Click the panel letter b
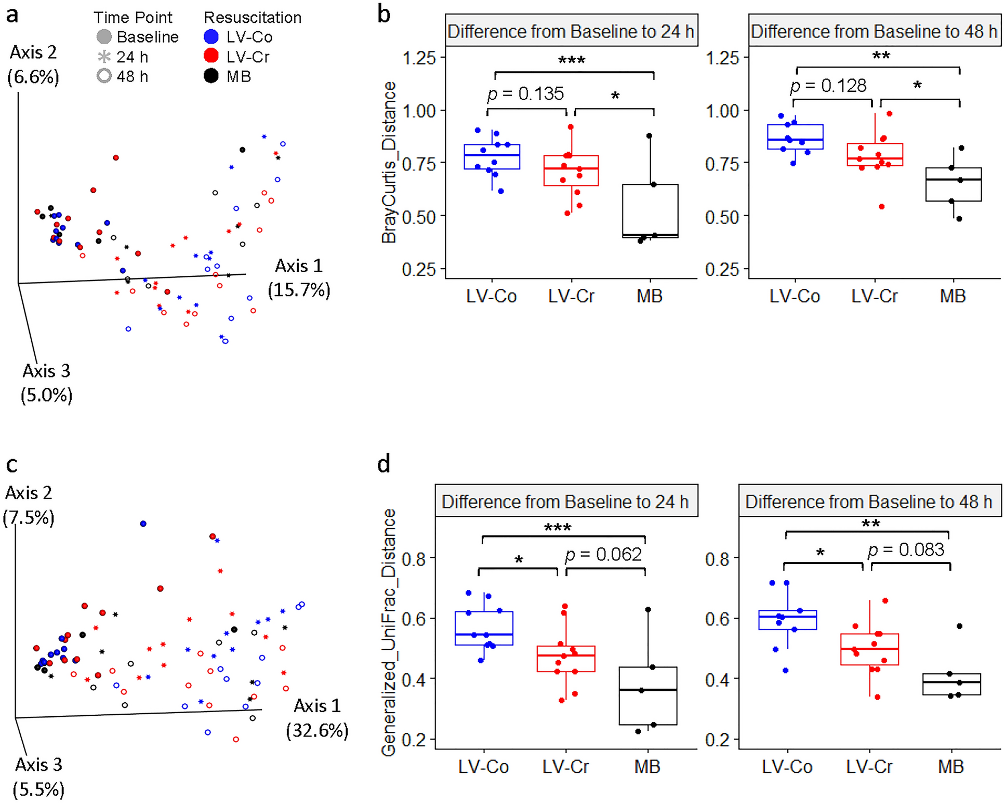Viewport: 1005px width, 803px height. click(x=384, y=14)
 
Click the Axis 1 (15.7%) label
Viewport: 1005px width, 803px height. click(x=299, y=278)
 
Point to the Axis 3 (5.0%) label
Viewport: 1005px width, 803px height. click(x=46, y=383)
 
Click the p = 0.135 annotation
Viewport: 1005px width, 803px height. click(x=525, y=94)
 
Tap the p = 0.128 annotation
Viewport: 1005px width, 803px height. click(x=828, y=86)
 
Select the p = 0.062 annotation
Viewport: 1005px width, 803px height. click(x=603, y=555)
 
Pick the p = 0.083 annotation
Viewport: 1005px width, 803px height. click(x=906, y=550)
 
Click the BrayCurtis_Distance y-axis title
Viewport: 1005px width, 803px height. click(x=389, y=162)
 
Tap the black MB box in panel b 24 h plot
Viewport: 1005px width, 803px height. click(x=650, y=210)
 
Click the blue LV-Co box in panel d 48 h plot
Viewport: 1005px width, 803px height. click(x=787, y=620)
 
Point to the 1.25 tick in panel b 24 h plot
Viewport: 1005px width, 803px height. click(x=419, y=57)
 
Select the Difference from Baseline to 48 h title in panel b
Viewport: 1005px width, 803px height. click(x=874, y=32)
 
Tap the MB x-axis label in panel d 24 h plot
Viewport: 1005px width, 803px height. click(x=647, y=767)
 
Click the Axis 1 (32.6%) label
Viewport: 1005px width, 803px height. click(x=317, y=718)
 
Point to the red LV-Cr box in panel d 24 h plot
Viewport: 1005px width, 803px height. click(x=565, y=659)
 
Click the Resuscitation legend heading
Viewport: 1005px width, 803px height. click(x=253, y=18)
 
